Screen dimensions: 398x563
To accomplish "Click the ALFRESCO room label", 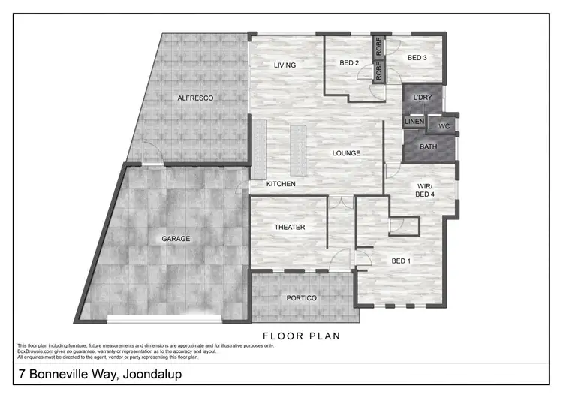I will [x=195, y=98].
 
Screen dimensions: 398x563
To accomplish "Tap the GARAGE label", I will [x=176, y=239].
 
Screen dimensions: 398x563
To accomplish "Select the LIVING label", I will [x=285, y=65].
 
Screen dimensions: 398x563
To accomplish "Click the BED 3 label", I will [x=417, y=58].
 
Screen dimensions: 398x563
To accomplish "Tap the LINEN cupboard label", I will [x=414, y=122].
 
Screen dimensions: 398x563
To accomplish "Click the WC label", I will [x=443, y=126].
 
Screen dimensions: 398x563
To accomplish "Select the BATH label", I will [x=428, y=146].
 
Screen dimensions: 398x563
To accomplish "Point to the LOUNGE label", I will [x=347, y=153].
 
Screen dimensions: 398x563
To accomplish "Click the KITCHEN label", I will [x=281, y=184].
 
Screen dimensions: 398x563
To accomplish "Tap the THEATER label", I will [x=289, y=228].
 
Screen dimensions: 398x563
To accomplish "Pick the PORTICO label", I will [x=302, y=298].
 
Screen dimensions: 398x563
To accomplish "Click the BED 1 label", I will [x=402, y=261].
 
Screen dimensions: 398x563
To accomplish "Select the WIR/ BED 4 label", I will [x=426, y=189].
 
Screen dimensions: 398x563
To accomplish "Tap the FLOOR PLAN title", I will [x=301, y=336].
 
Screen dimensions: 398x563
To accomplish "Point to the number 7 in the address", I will [x=20, y=374].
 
